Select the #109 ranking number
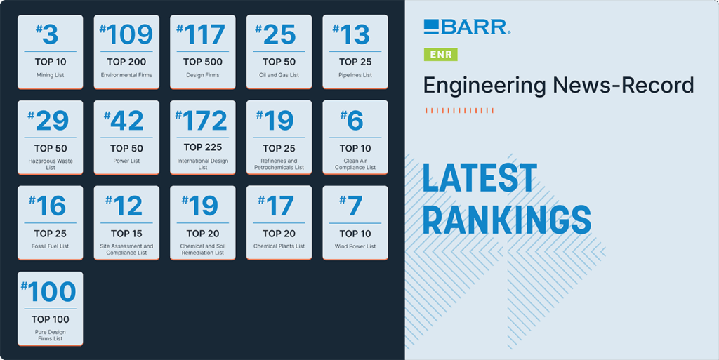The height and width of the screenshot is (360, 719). [x=126, y=35]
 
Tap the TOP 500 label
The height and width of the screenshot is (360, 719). [x=203, y=62]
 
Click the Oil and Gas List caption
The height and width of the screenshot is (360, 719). [x=279, y=75]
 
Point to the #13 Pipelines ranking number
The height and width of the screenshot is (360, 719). [x=355, y=35]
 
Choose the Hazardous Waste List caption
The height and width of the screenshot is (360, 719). [x=50, y=164]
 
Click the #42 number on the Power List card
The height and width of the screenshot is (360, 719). [x=126, y=121]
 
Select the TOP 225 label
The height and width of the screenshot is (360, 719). [x=203, y=147]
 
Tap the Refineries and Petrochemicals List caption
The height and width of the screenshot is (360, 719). [x=279, y=164]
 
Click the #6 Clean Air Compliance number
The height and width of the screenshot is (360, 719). [x=355, y=121]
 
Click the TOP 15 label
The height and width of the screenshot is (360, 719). [x=126, y=233]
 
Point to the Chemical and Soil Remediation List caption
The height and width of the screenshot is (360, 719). [x=203, y=250]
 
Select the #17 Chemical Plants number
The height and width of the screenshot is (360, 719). [x=279, y=206]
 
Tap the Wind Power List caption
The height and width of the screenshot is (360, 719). [x=355, y=246]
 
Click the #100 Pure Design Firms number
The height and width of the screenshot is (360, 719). [x=50, y=292]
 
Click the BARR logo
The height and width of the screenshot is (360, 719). [x=467, y=27]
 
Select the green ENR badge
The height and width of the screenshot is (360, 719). [x=441, y=54]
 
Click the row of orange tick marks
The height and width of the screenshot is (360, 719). [x=459, y=110]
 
